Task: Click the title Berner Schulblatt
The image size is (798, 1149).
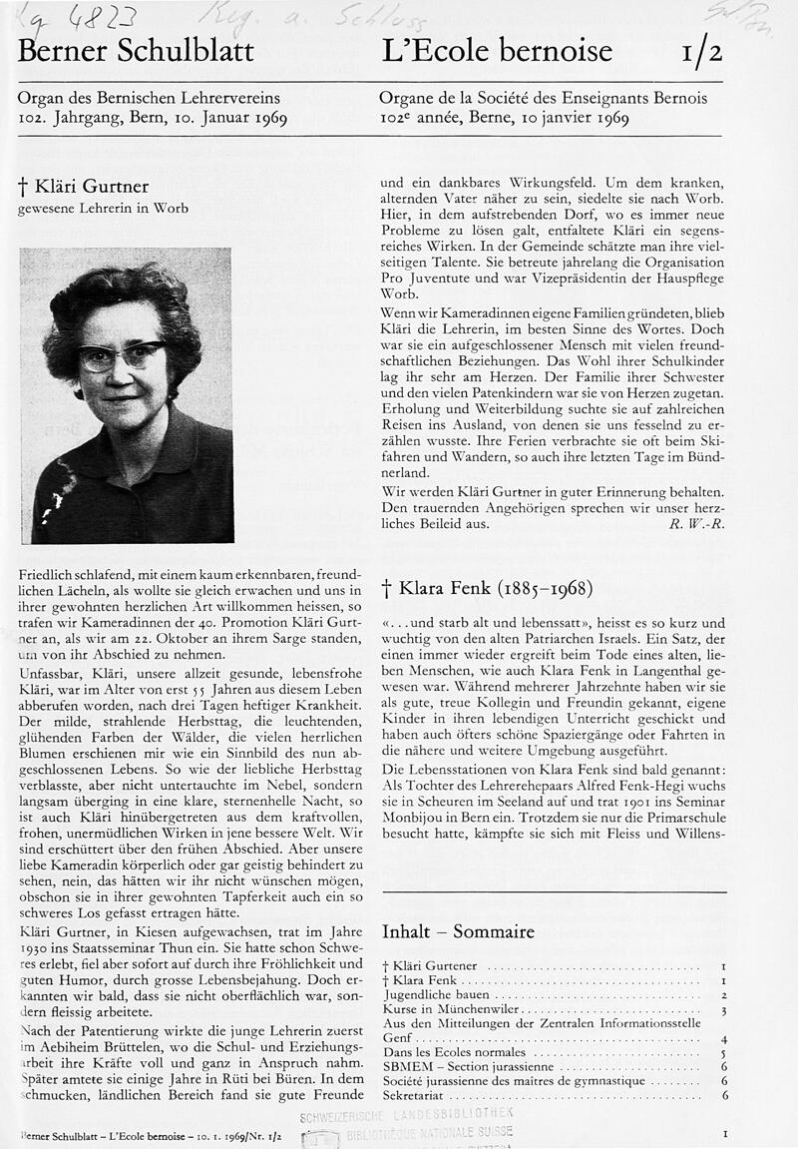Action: [136, 50]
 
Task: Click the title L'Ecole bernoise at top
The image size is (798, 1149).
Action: [497, 50]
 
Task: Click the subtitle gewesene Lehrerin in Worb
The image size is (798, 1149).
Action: [103, 209]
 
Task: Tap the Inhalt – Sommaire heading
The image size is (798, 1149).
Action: [458, 931]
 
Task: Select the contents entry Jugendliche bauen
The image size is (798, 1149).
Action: [437, 995]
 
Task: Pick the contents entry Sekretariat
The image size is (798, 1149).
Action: [415, 1095]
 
